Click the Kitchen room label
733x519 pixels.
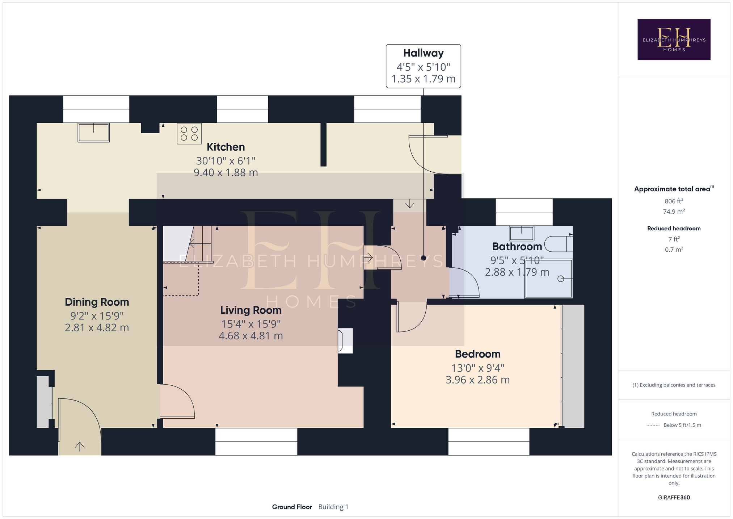click(226, 147)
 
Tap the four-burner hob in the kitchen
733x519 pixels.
click(189, 134)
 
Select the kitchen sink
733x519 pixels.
click(93, 133)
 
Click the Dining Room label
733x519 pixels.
click(97, 302)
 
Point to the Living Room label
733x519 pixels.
click(251, 310)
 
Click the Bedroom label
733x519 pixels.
click(478, 354)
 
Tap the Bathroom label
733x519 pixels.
click(517, 247)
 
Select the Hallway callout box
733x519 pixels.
click(424, 66)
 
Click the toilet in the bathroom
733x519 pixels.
click(559, 244)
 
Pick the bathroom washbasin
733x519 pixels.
click(522, 233)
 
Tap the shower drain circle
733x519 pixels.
click(561, 279)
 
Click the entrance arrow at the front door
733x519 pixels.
click(80, 446)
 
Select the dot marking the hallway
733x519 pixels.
click(424, 258)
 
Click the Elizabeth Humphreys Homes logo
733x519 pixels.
click(674, 39)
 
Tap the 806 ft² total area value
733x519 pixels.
click(674, 201)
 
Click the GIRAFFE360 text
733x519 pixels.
click(674, 497)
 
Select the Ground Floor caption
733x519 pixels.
click(292, 507)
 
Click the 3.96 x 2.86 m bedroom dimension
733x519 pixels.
click(478, 380)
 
